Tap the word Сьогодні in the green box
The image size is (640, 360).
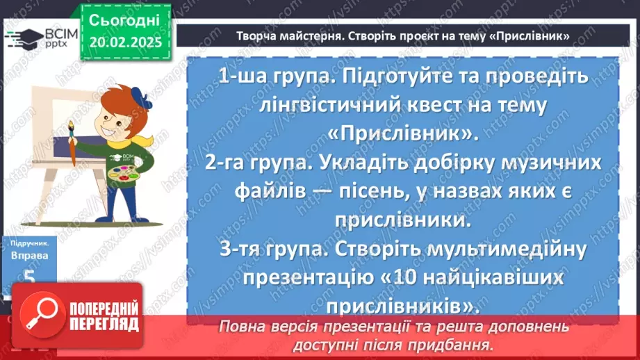tap(124, 19)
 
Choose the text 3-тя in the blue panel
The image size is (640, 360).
tap(233, 248)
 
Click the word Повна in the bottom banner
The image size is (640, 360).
tap(240, 326)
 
